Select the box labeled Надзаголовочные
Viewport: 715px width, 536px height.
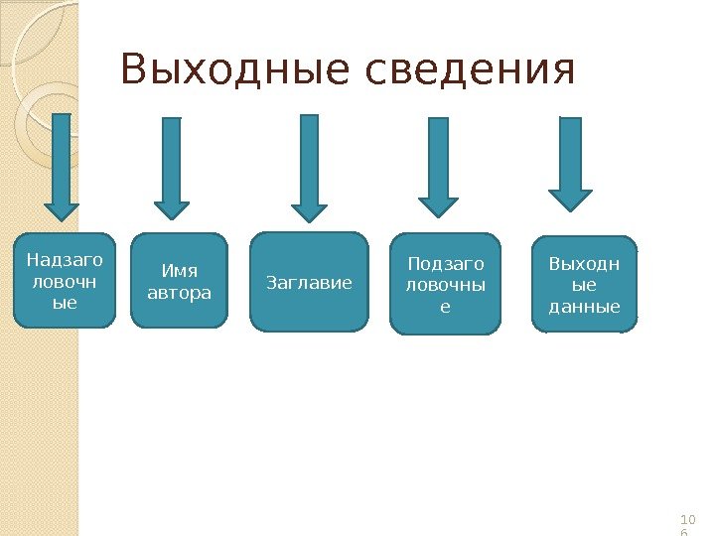(65, 281)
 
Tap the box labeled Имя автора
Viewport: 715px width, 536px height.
(179, 281)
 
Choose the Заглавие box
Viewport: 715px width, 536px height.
(309, 283)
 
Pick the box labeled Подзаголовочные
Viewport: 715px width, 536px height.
(445, 285)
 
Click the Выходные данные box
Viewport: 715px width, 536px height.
(584, 284)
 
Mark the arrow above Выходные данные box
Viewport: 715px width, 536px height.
(570, 164)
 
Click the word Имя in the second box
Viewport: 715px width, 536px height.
(179, 270)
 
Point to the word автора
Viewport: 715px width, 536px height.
(179, 292)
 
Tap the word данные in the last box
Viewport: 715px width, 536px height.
(584, 306)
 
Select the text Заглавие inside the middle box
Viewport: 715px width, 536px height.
(309, 283)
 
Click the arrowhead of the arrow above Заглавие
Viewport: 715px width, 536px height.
(309, 210)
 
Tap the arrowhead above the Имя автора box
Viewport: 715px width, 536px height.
(172, 207)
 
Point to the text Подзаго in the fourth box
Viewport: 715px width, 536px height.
(446, 263)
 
